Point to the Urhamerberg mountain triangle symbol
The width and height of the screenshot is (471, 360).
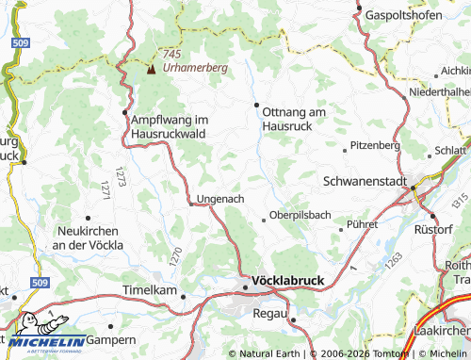[x=151, y=69]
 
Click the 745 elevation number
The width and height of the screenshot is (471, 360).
[x=171, y=55]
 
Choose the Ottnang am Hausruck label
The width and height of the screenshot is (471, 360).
[x=294, y=119]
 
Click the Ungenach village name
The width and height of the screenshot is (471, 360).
[x=220, y=200]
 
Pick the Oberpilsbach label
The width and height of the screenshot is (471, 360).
[x=300, y=215]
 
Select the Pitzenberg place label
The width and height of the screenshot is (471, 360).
[x=375, y=146]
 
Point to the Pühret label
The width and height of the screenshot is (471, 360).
[x=362, y=225]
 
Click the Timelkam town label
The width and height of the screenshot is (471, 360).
[x=150, y=290]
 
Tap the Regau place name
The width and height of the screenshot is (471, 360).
[x=268, y=311]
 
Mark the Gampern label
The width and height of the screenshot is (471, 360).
[x=112, y=339]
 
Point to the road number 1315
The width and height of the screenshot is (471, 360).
[x=459, y=200]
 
